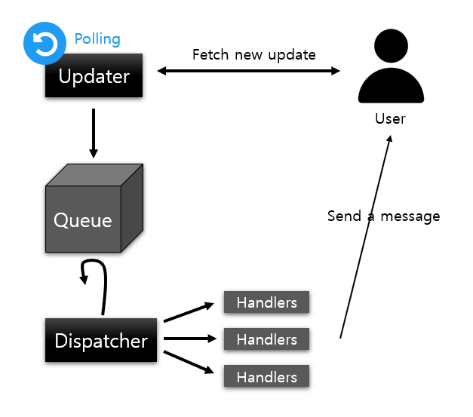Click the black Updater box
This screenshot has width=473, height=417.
(94, 77)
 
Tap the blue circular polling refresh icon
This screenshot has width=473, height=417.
(45, 44)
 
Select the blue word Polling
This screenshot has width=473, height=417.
(97, 38)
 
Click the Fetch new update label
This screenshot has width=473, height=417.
(254, 55)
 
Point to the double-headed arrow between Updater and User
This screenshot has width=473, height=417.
(249, 71)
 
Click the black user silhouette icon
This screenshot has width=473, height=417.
(391, 71)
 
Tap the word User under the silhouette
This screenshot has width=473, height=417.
(390, 119)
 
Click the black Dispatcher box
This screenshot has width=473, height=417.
(101, 340)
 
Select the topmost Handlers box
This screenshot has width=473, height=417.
(266, 302)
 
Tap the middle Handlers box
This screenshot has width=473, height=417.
(266, 339)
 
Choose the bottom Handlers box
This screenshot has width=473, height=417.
(266, 376)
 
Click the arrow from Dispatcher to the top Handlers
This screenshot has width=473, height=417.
(189, 312)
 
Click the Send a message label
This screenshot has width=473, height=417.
(383, 216)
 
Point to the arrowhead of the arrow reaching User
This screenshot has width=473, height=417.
(389, 141)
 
